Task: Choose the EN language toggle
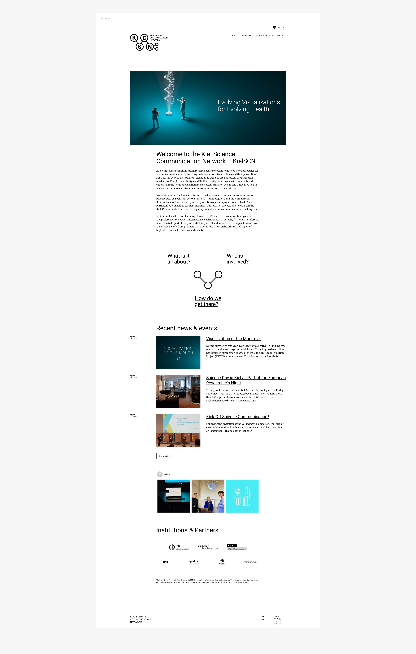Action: pyautogui.click(x=274, y=27)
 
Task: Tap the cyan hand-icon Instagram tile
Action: pyautogui.click(x=242, y=496)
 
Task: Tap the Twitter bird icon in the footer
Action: pyautogui.click(x=263, y=617)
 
